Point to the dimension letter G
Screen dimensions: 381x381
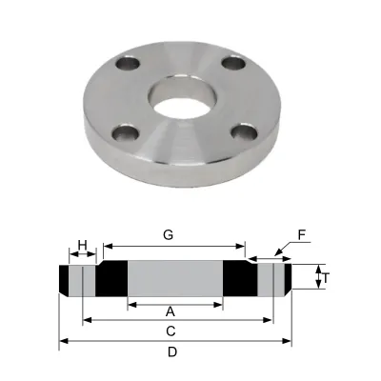[x=169, y=233]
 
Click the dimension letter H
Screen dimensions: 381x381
[x=83, y=245]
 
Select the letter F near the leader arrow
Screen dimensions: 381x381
[x=302, y=231]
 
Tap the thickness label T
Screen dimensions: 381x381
[x=326, y=278]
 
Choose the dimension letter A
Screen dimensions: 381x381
[x=170, y=311]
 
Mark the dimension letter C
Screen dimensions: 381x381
[x=170, y=331]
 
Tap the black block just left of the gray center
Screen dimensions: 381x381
[x=112, y=279]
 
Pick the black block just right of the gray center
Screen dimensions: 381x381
[x=236, y=279]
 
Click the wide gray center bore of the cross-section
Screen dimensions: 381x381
[x=175, y=279]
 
